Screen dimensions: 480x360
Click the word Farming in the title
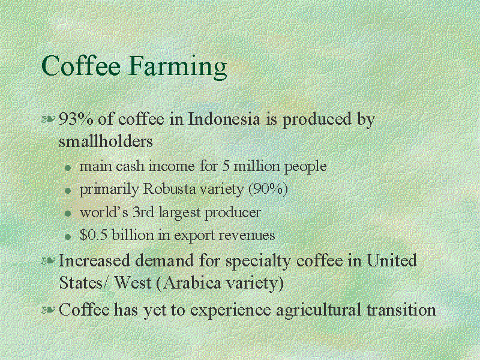pos(178,67)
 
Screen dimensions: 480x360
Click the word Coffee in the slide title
pos(81,65)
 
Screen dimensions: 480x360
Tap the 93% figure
pos(76,119)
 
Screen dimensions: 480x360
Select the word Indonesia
pos(224,119)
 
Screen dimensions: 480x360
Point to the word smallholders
pos(106,141)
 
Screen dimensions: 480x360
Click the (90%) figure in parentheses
pos(268,190)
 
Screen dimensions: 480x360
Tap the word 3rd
pos(143,212)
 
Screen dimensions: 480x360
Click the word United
pos(392,260)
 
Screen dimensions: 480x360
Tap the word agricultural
pos(319,310)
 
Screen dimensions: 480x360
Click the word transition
pos(401,310)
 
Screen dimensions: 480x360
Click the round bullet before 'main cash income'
pos(68,168)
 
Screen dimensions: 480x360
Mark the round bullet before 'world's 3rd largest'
pos(68,214)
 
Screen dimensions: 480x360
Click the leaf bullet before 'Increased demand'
pos(49,261)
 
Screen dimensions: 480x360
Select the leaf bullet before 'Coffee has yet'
pos(49,310)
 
